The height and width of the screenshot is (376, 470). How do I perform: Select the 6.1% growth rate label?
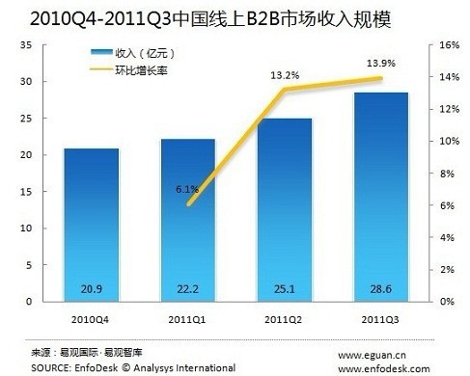pyautogui.click(x=188, y=189)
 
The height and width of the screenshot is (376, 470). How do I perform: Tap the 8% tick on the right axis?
pyautogui.click(x=447, y=174)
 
